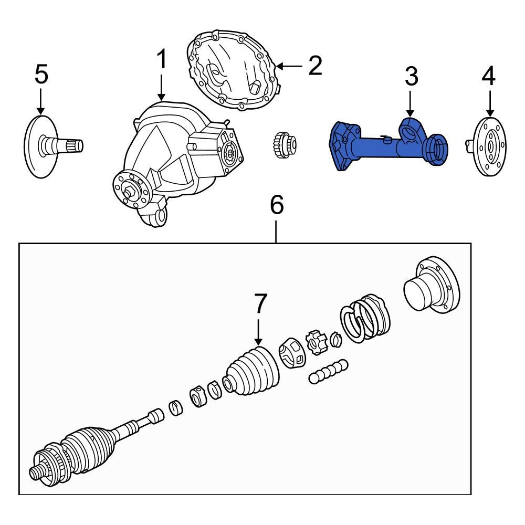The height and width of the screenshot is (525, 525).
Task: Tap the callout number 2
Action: (x=314, y=66)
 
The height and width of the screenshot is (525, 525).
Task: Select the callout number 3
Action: (x=411, y=77)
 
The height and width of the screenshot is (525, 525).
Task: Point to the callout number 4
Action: (x=488, y=77)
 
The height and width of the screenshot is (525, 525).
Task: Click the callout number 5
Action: (x=41, y=74)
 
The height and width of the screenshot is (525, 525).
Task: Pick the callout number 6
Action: (x=277, y=205)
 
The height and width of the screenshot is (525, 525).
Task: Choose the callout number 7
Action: (x=261, y=304)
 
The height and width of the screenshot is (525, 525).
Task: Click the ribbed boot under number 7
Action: (x=251, y=373)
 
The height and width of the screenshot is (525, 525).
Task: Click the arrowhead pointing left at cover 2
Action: (x=279, y=66)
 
